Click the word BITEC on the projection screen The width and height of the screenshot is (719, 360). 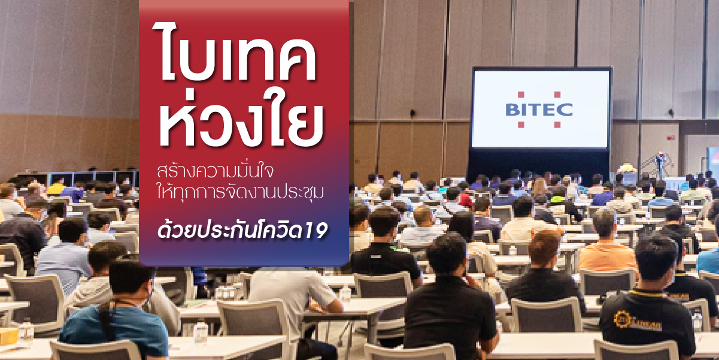click(x=539, y=110)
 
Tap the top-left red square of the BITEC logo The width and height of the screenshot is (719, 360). click(x=521, y=95)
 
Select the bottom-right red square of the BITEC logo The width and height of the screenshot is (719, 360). click(x=557, y=125)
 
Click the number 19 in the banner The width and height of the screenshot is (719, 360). click(x=316, y=231)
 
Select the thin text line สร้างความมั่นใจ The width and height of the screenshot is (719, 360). click(x=216, y=172)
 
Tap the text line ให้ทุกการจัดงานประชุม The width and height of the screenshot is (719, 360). click(x=240, y=192)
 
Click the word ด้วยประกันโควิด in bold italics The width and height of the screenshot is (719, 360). click(x=230, y=230)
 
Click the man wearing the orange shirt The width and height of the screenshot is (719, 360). click(x=606, y=244)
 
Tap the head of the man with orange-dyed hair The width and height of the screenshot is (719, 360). click(x=544, y=247)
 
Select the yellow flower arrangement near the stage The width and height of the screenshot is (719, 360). click(x=627, y=168)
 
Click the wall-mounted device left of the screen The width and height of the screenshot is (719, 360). click(x=413, y=113)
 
